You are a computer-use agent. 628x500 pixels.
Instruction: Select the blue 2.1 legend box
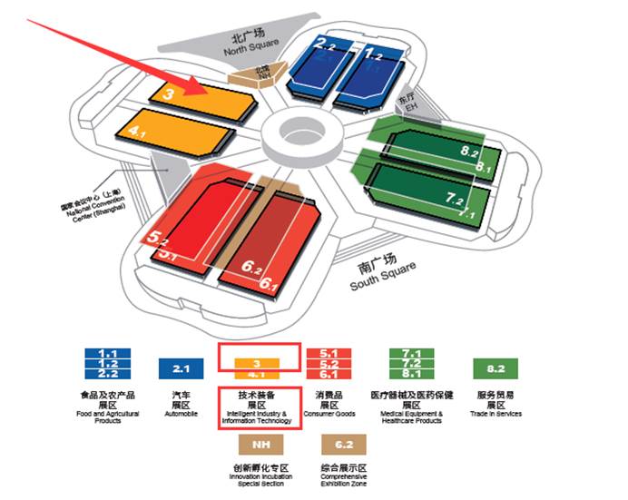click(181, 368)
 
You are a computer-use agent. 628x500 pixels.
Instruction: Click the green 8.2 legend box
click(496, 368)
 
